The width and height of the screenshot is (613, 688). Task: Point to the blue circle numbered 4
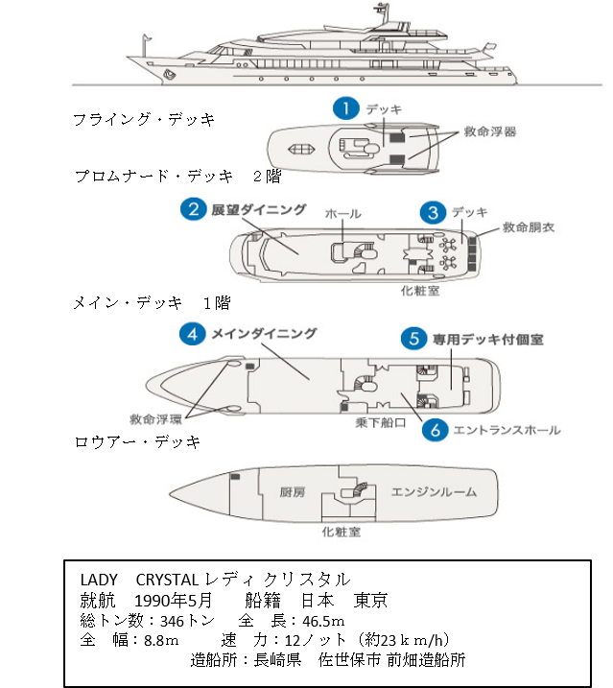(x=194, y=334)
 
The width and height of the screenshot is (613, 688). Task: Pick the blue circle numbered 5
(x=413, y=339)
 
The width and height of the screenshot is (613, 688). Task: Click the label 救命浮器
(x=490, y=131)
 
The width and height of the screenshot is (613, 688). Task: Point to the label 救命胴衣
(x=529, y=228)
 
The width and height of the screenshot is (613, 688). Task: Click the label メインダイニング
(x=264, y=334)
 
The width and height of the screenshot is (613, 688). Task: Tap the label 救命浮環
(x=156, y=419)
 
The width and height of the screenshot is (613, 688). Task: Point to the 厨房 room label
(x=292, y=491)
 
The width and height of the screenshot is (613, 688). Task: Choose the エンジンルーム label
(x=433, y=491)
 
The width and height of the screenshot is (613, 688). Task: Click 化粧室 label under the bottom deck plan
(x=341, y=532)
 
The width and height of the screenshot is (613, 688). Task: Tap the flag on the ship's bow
(x=145, y=41)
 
